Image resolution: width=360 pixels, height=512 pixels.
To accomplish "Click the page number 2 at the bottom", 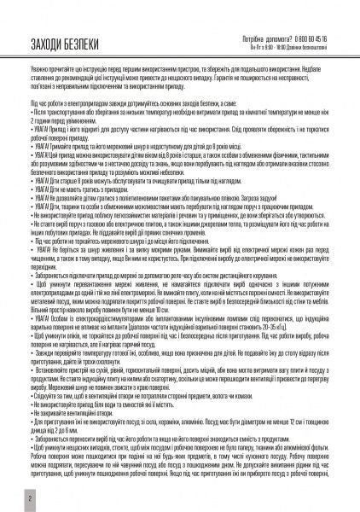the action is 7,495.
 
